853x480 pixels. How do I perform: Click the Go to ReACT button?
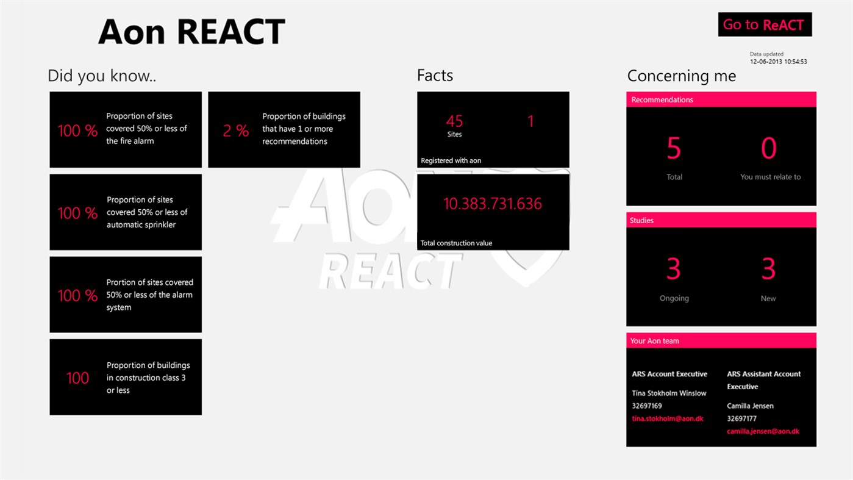765,24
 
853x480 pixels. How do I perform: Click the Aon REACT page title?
191,32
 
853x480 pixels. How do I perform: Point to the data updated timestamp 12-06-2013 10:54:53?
778,62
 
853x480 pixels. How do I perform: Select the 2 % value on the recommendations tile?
235,131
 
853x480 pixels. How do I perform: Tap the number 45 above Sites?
454,121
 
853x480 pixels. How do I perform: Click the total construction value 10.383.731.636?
492,204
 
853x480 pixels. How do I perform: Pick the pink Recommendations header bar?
721,99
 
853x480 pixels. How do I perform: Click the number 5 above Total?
674,148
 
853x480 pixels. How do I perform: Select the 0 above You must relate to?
769,148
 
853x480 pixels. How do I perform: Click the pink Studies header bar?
721,220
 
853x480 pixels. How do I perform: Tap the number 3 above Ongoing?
674,269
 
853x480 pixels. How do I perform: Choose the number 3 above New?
768,269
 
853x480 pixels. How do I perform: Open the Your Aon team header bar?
721,341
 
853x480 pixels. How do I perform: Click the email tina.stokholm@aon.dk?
668,418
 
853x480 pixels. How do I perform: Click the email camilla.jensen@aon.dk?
763,431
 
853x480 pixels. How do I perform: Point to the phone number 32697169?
647,406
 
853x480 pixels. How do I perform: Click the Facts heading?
435,76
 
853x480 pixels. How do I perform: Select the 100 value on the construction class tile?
77,378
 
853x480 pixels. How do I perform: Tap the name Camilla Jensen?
750,406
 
